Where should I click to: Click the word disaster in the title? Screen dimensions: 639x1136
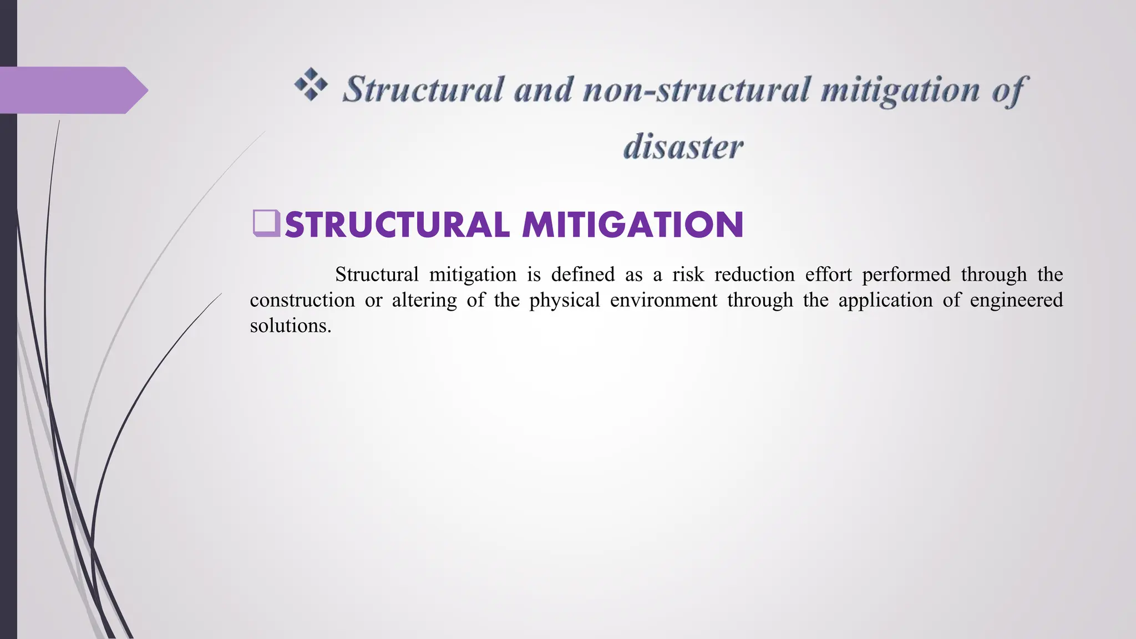point(683,147)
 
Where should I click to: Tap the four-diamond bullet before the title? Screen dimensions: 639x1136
point(311,85)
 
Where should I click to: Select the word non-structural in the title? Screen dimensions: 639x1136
point(697,89)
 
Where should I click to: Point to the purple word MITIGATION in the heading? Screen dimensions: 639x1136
point(632,225)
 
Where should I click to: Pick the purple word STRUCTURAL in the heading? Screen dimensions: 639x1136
point(397,225)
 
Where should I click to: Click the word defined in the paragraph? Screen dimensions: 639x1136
point(582,275)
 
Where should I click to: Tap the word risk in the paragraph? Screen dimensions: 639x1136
point(688,275)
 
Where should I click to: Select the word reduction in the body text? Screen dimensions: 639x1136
point(755,275)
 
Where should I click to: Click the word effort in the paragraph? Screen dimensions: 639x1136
point(828,275)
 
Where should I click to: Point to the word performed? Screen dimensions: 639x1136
point(906,275)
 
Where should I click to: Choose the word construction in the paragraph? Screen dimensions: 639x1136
point(302,300)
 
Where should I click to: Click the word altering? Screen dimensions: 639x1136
point(424,300)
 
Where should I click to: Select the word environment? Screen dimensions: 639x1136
point(663,300)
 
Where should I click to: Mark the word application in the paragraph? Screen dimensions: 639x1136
point(885,300)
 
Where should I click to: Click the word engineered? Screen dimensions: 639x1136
point(1016,300)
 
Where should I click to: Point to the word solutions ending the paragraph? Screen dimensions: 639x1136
point(290,326)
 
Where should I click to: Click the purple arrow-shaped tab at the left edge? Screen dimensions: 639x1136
point(72,90)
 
